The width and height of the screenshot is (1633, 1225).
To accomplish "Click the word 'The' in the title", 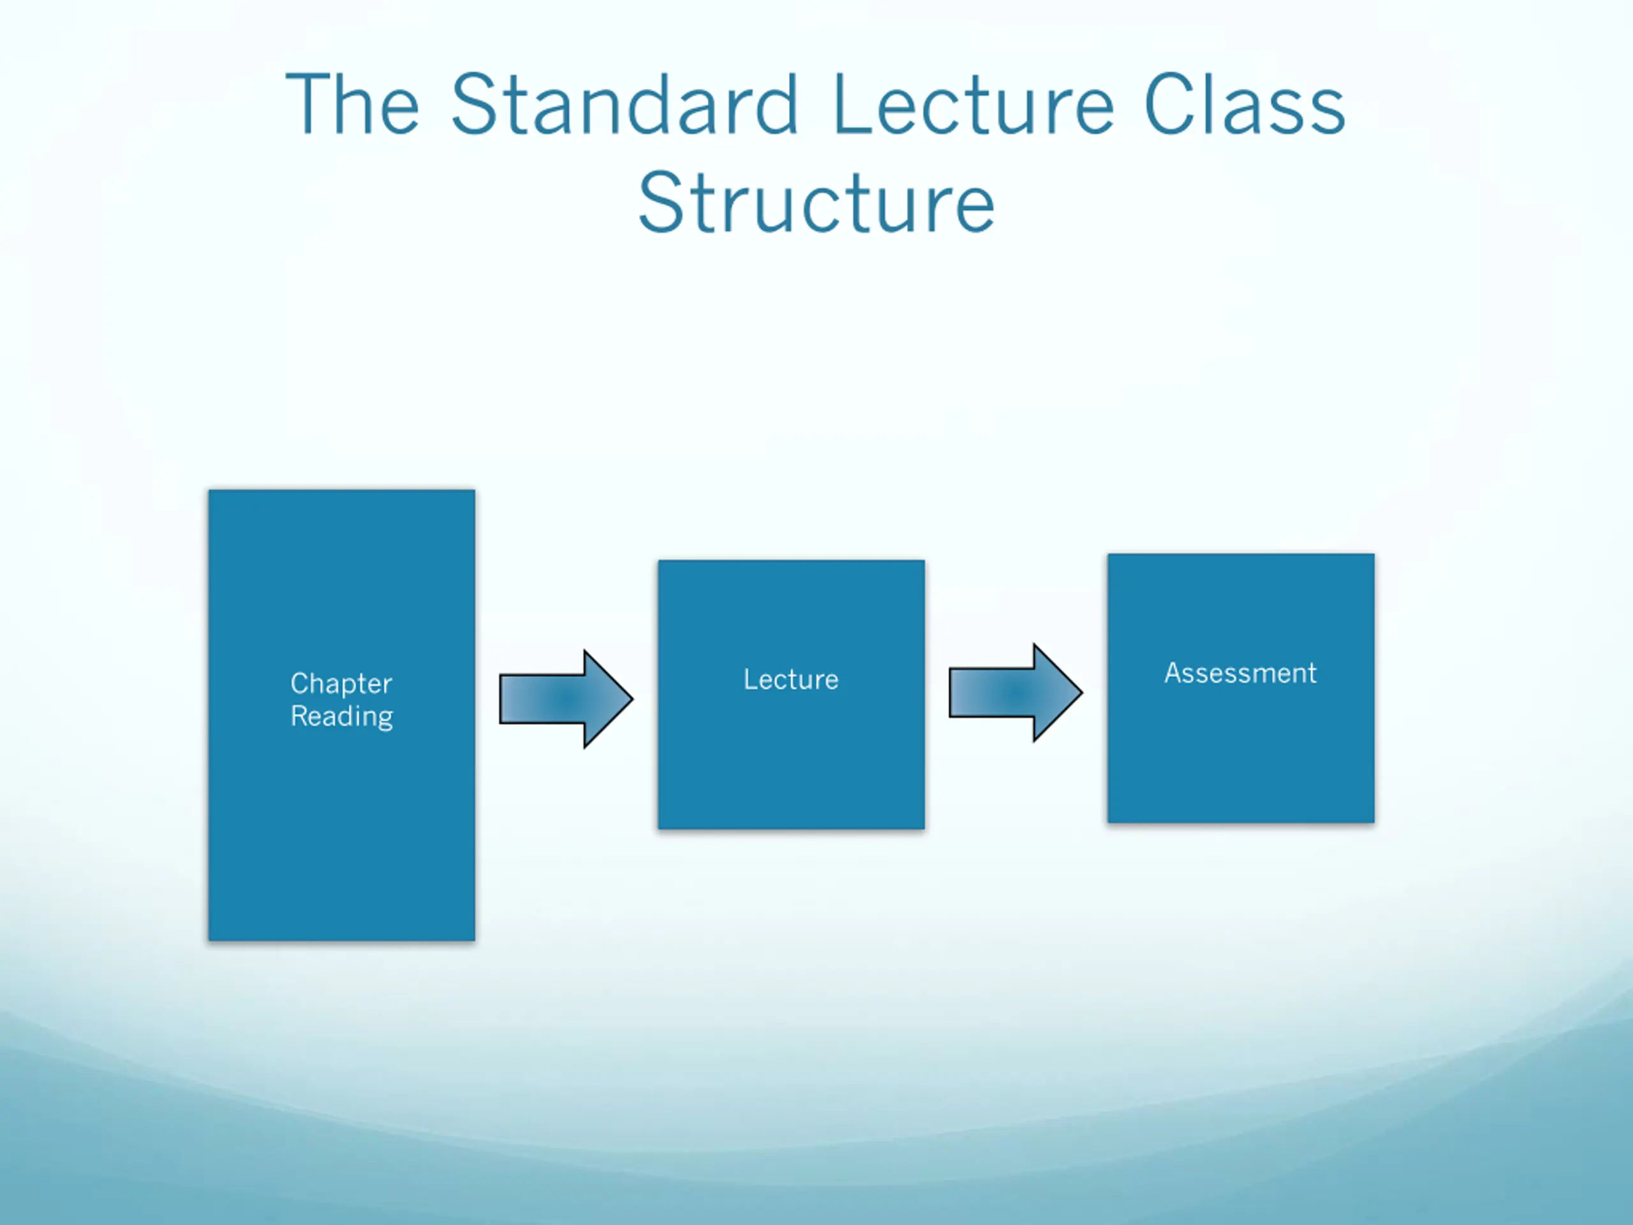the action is pyautogui.click(x=353, y=105).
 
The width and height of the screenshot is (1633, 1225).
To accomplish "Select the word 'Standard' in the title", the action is pyautogui.click(x=624, y=105).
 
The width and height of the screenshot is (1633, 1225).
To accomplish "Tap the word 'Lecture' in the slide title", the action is pyautogui.click(x=973, y=105).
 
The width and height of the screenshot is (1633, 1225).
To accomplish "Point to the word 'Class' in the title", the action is pyautogui.click(x=1244, y=105).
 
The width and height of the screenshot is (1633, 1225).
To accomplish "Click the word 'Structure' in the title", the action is pyautogui.click(x=816, y=202).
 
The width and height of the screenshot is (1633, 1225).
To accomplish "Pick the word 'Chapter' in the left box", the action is pyautogui.click(x=341, y=683).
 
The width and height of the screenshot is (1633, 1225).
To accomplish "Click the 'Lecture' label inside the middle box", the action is pyautogui.click(x=790, y=679).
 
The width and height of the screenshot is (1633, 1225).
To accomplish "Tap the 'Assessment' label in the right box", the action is pyautogui.click(x=1240, y=672).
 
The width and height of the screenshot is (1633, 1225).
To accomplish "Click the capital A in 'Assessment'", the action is pyautogui.click(x=1174, y=672).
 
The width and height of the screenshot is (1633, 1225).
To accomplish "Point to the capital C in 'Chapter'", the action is pyautogui.click(x=300, y=683).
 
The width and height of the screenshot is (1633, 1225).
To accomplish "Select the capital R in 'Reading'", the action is pyautogui.click(x=300, y=715).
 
